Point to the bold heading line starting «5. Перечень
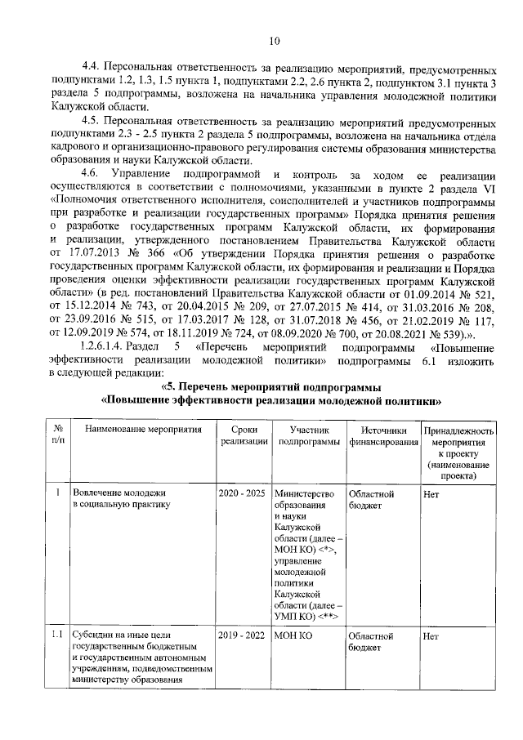coord(270,386)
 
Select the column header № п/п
coord(59,435)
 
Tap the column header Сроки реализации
coord(244,435)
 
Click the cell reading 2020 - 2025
coord(244,494)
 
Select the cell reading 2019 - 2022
coord(244,635)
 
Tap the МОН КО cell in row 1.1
coord(295,635)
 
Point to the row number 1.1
coord(58,635)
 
